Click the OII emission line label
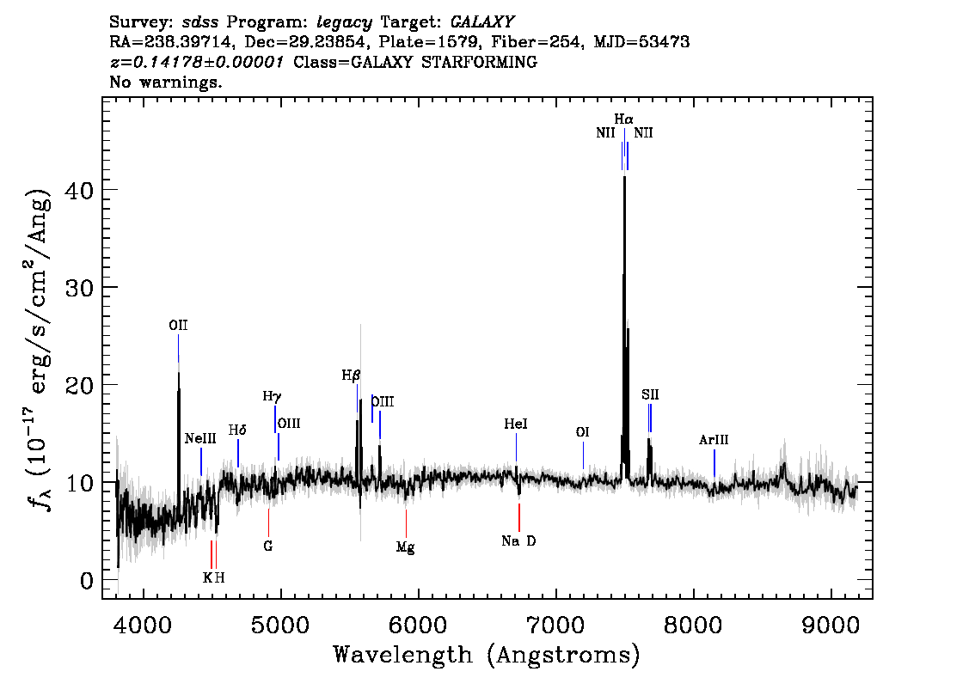178,326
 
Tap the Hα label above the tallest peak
623,119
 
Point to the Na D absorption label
518,541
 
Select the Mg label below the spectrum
406,547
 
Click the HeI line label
516,424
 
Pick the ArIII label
714,440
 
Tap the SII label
650,394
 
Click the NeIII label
200,439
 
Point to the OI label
582,432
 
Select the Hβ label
351,375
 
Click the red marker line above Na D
519,517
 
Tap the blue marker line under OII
179,348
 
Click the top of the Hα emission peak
624,176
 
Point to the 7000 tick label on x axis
555,626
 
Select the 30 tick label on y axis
79,287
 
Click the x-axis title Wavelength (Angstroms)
487,655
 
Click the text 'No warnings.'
165,82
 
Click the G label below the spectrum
268,546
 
